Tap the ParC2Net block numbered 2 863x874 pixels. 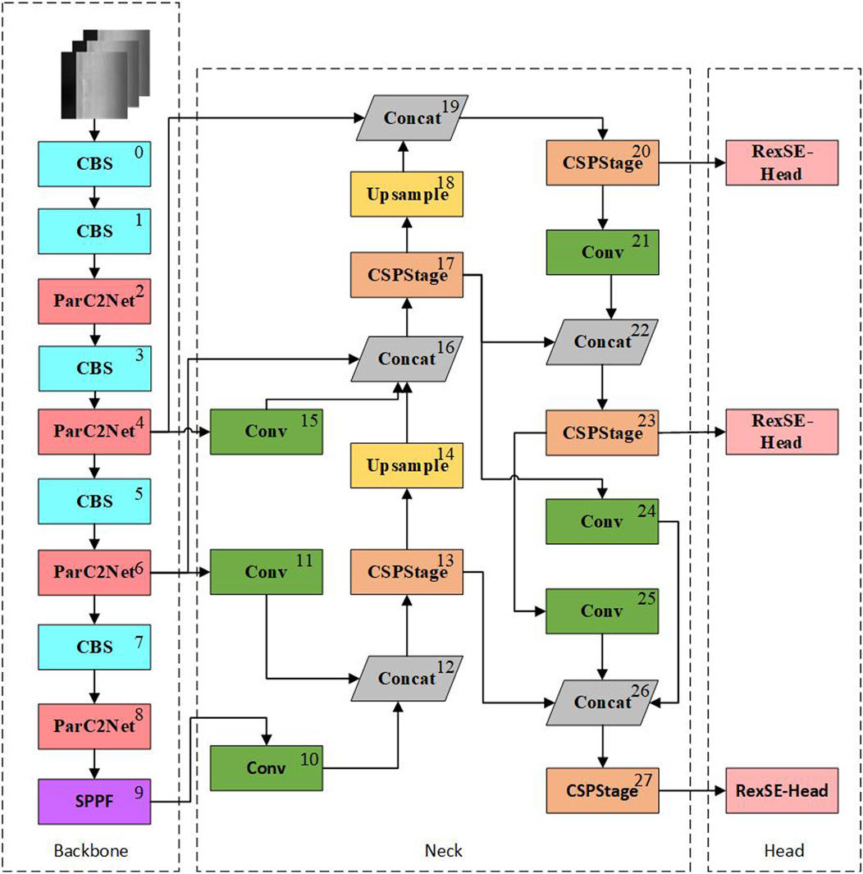[x=94, y=301]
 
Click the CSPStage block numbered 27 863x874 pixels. [x=603, y=791]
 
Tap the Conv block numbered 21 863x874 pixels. [x=603, y=252]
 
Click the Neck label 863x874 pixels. [x=443, y=850]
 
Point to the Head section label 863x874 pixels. [x=783, y=850]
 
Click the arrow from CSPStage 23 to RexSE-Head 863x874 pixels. [x=692, y=432]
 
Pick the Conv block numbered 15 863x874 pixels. [x=266, y=432]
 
